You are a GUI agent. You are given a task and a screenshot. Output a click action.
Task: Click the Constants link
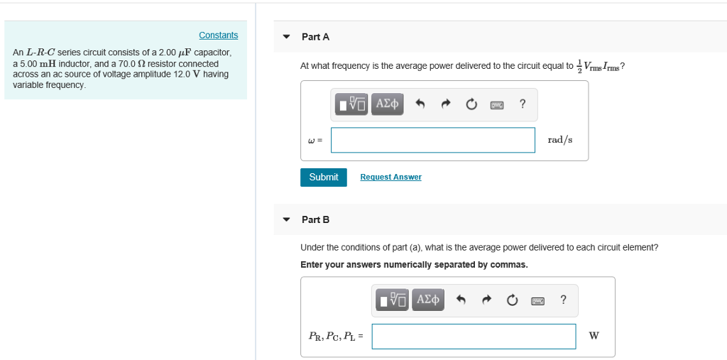tap(218, 36)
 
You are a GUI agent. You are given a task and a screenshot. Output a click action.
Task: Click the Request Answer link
tap(390, 177)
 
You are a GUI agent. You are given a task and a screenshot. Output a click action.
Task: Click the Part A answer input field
tap(432, 140)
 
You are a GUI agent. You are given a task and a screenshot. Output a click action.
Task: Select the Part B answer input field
tap(474, 337)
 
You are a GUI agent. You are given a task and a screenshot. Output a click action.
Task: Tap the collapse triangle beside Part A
tap(286, 37)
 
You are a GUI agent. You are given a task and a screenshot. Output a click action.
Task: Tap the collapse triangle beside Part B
tap(286, 219)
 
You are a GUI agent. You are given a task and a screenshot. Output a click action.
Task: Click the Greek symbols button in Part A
tap(387, 104)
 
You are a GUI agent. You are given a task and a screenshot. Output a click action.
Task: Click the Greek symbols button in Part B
tap(428, 300)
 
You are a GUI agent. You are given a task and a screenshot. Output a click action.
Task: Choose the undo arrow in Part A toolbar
tap(420, 104)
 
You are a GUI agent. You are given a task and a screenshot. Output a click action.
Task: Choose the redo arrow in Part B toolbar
tap(486, 300)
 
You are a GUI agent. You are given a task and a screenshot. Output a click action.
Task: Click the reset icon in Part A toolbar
tap(471, 104)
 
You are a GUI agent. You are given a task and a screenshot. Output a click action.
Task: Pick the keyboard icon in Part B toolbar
tap(538, 300)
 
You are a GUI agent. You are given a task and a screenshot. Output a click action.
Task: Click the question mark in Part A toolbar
tap(523, 104)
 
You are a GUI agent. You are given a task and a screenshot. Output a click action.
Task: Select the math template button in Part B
tap(393, 300)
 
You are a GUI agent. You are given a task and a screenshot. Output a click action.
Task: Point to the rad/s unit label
tap(559, 140)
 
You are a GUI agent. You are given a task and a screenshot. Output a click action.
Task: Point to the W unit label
tap(594, 336)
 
